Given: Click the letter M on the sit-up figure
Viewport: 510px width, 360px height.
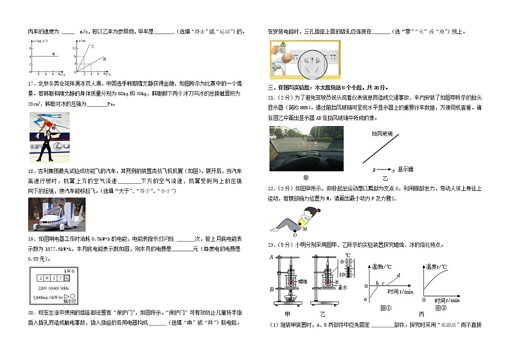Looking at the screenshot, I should pyautogui.click(x=304, y=228).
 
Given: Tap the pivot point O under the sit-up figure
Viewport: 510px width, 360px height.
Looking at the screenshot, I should pyautogui.click(x=294, y=235).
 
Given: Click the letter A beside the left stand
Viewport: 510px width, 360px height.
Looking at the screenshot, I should pyautogui.click(x=272, y=257).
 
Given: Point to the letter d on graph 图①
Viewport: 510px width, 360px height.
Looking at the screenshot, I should pyautogui.click(x=399, y=275).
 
